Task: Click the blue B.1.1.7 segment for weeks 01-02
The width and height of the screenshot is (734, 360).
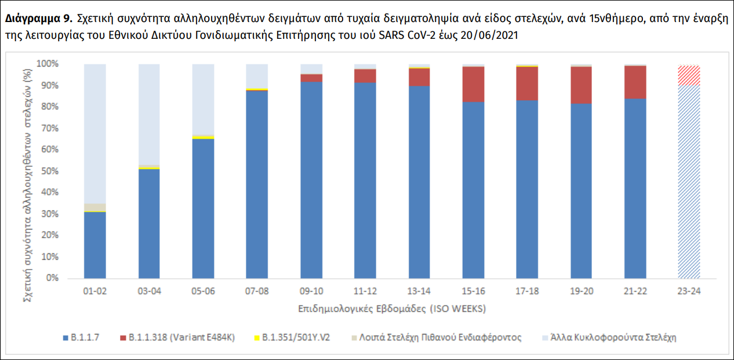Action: (x=95, y=245)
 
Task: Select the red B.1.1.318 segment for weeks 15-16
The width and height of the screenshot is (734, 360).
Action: (x=473, y=84)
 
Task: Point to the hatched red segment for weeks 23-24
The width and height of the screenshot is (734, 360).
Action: (x=689, y=75)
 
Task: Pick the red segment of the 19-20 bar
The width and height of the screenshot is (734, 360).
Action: (x=581, y=85)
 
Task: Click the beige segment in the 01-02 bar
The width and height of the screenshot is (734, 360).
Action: (x=95, y=208)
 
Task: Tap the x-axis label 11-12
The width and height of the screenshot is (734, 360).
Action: (x=365, y=291)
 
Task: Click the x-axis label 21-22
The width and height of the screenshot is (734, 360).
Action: (x=635, y=291)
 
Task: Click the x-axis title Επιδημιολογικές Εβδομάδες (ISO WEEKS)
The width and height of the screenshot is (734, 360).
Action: (x=393, y=308)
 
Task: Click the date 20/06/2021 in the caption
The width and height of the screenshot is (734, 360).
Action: (x=489, y=35)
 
